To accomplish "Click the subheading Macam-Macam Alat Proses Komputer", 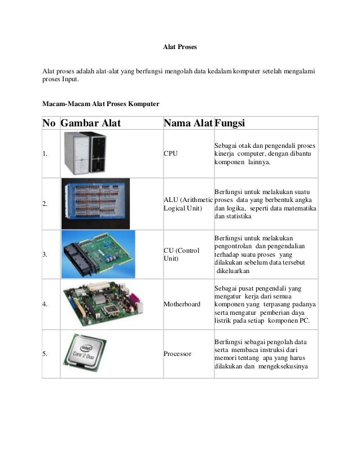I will point(101,104).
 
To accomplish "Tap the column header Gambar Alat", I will point(90,123).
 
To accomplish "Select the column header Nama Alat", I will point(187,123).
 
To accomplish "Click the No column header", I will point(50,123).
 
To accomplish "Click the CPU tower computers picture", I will point(84,153).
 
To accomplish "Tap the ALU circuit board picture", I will point(95,204).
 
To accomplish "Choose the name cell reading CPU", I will point(170,153).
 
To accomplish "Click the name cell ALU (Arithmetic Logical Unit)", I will point(188,204).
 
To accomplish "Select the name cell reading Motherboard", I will point(182,304).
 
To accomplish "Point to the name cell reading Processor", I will point(177,354).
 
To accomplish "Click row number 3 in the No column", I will point(45,255).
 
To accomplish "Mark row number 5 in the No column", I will point(45,354).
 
